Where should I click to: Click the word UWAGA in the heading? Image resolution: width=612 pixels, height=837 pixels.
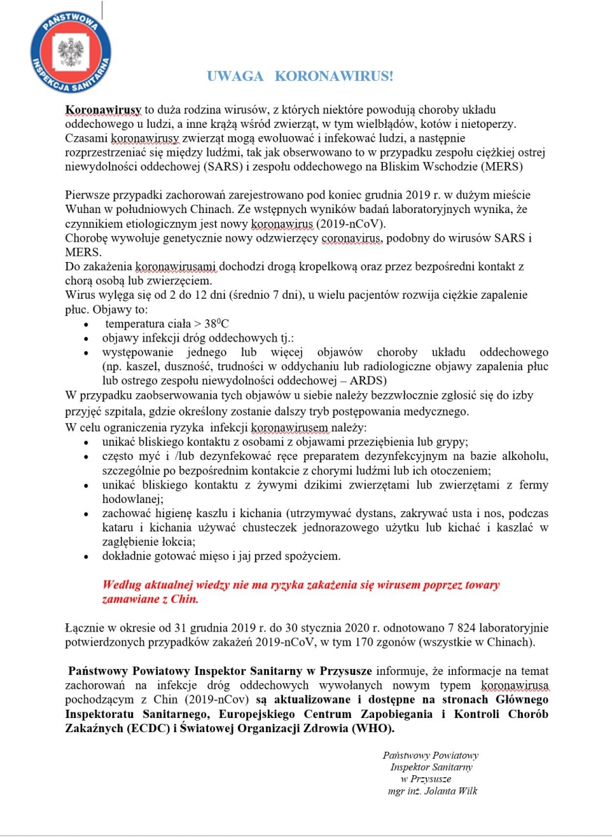[235, 76]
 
